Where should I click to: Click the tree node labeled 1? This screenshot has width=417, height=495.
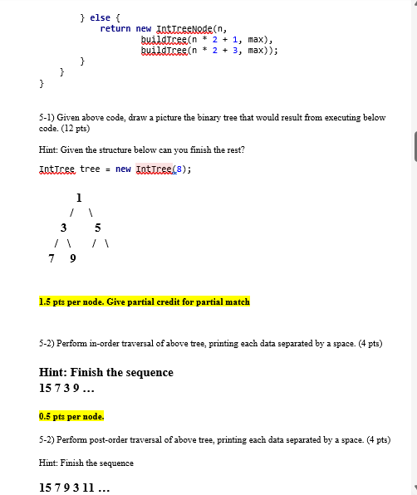(78, 198)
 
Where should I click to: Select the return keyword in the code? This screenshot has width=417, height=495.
(115, 28)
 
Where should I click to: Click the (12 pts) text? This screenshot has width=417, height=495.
(76, 129)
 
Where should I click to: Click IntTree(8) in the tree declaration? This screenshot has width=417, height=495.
(164, 169)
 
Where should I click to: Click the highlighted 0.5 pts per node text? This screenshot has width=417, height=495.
(71, 416)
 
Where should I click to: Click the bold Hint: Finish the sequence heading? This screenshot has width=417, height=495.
(106, 372)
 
